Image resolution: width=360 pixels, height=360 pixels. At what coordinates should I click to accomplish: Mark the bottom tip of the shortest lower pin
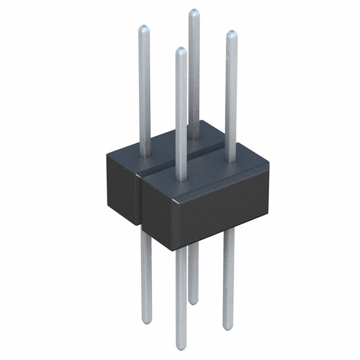click(193, 302)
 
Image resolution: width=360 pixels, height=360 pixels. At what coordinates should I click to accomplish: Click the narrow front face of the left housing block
click(123, 192)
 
